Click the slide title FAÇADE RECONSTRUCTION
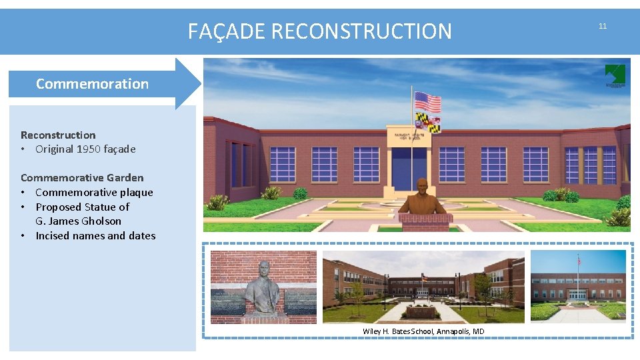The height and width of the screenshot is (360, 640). click(319, 31)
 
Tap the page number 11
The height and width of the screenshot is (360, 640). click(603, 26)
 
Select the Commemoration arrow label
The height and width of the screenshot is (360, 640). click(92, 84)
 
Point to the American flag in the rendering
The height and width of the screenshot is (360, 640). click(428, 102)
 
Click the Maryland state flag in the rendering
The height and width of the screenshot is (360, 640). click(428, 122)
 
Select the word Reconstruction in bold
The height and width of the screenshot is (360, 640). click(58, 135)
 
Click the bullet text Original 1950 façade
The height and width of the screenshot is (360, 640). click(85, 149)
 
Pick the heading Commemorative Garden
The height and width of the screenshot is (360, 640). click(82, 177)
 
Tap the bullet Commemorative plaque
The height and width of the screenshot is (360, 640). click(94, 193)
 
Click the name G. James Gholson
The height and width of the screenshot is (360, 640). click(78, 221)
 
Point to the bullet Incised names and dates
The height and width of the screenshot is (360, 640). click(95, 236)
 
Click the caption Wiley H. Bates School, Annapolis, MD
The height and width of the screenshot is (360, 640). click(423, 331)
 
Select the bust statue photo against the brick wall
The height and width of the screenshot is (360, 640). click(263, 287)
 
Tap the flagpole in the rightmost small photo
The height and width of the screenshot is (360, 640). click(578, 277)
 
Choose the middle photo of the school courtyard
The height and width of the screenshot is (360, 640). click(423, 287)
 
